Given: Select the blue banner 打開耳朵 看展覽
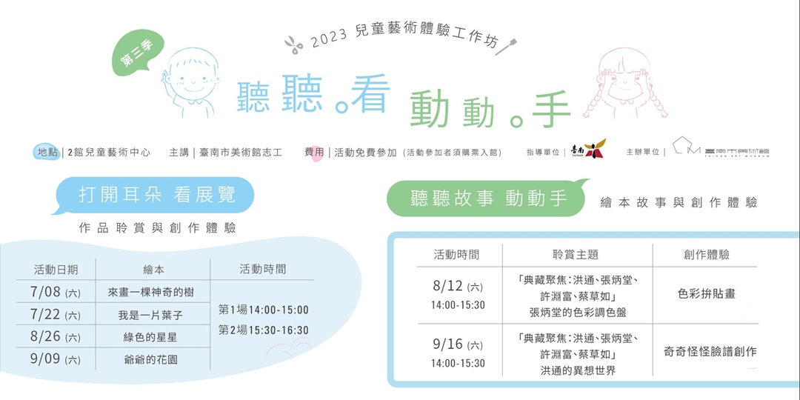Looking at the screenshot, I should pos(156,195).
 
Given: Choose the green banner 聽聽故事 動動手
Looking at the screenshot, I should pos(488,199).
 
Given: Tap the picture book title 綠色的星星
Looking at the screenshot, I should pos(150,337).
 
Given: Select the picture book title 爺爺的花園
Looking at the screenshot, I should pos(150,360).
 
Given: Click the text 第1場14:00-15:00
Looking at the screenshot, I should pos(264,310).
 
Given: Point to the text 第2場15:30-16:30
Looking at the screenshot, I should pos(264,330).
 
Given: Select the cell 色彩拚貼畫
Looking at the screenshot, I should pos(706,294).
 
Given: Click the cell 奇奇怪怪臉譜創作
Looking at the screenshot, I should pos(710,351).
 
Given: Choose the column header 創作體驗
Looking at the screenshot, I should pos(706,255).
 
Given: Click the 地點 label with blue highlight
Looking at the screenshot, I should pos(47,152).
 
